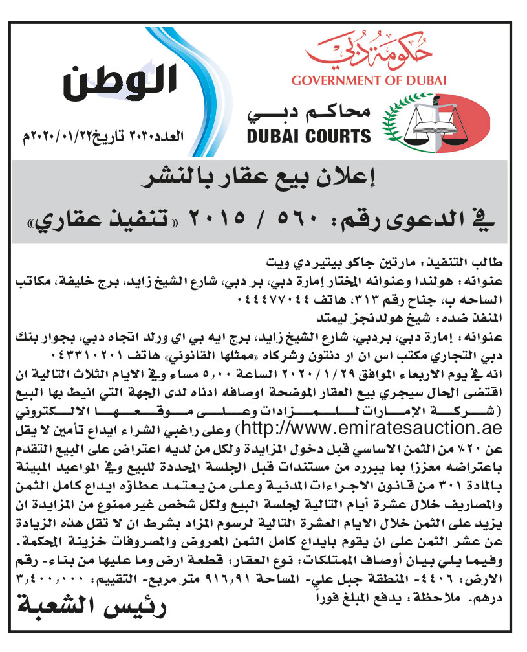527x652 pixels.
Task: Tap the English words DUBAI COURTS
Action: coord(309,135)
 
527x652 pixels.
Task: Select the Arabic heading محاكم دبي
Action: coord(310,113)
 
